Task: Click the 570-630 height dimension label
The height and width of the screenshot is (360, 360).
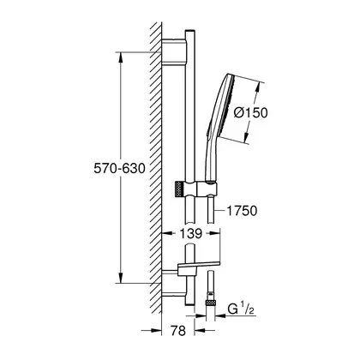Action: (119, 169)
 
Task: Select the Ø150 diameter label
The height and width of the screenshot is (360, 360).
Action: (250, 112)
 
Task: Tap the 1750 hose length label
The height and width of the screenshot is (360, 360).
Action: (242, 211)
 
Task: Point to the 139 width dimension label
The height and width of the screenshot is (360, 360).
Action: (191, 233)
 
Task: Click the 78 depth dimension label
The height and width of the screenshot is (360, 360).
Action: (178, 331)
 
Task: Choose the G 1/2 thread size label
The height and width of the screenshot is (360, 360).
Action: (241, 309)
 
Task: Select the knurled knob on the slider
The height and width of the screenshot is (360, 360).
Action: (179, 189)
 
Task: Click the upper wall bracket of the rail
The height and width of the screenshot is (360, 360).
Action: (174, 51)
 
